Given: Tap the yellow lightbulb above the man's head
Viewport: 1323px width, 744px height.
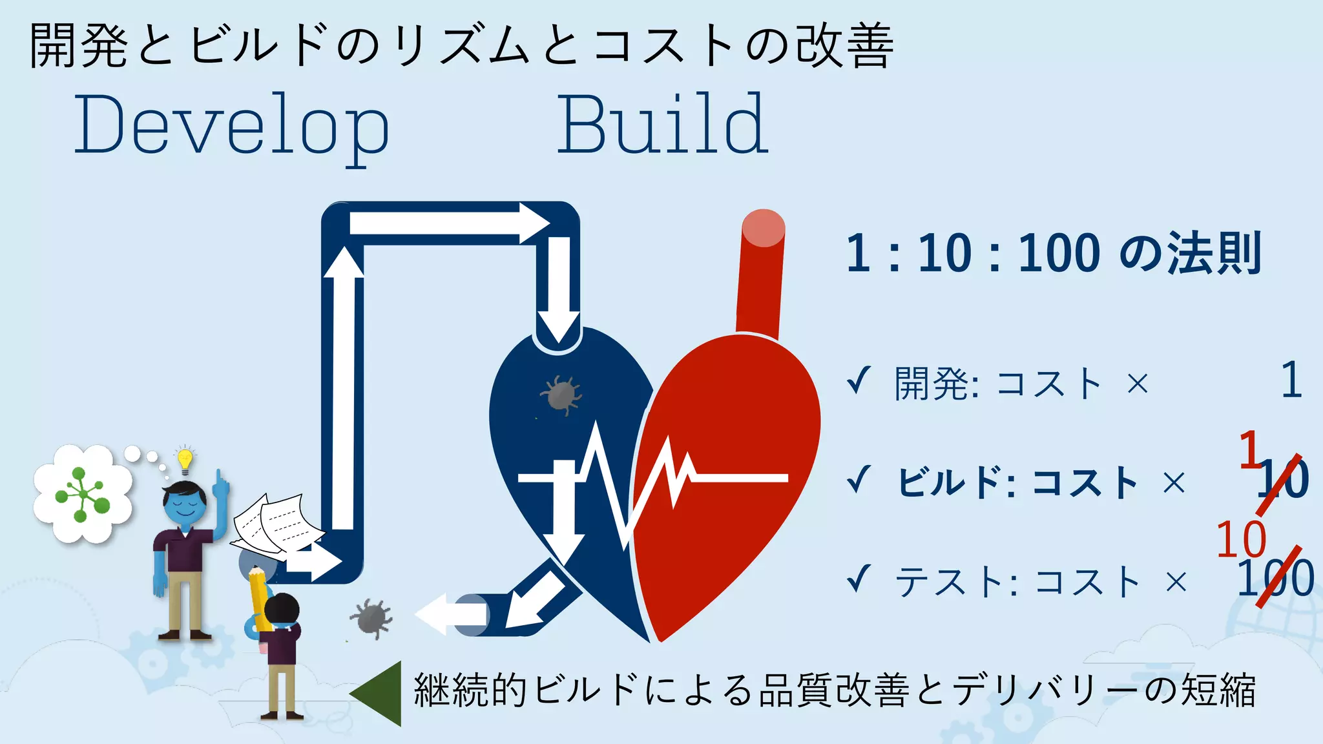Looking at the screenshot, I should (185, 459).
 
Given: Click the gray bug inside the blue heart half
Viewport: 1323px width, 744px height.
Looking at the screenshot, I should (561, 394).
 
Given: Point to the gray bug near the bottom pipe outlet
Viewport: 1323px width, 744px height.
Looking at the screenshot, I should (371, 617).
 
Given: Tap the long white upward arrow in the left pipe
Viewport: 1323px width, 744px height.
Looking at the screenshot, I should (343, 387).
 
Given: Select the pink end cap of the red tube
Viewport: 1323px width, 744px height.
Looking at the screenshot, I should (763, 228).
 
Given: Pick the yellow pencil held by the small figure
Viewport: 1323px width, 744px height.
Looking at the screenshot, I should (258, 597).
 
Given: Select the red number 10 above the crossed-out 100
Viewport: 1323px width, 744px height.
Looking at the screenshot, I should (1241, 539).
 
